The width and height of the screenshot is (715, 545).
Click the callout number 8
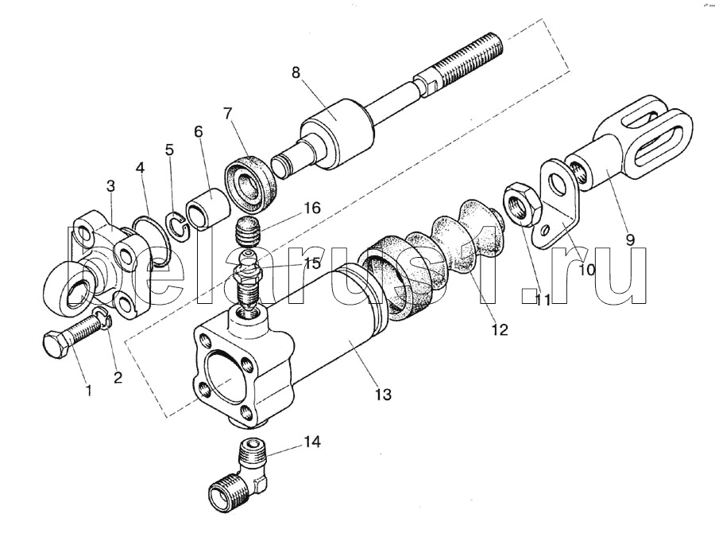[296, 73]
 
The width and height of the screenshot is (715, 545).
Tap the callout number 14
[312, 442]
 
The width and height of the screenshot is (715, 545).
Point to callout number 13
[383, 395]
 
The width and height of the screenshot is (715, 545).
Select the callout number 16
[312, 208]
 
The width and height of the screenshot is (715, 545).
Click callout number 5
[169, 150]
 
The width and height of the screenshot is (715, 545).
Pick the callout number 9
[630, 239]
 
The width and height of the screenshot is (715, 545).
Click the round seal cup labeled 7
[249, 184]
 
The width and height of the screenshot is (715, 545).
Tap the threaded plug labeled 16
[248, 231]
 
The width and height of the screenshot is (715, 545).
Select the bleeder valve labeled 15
[246, 278]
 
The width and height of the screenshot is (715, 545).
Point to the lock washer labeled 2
[103, 317]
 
